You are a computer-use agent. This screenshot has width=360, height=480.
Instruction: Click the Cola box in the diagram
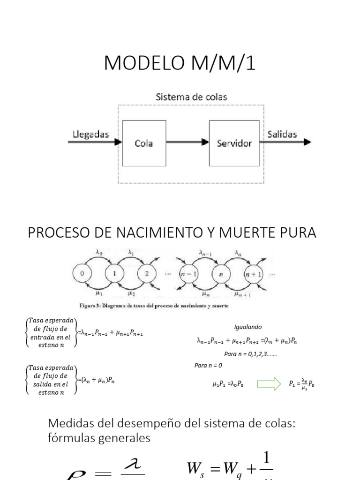tap(143, 143)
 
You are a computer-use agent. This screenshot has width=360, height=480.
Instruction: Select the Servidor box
tap(234, 143)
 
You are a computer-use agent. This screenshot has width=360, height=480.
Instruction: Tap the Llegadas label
tap(91, 135)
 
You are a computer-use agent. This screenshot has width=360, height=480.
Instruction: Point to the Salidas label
tap(282, 135)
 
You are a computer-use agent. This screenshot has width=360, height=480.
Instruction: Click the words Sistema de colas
tap(191, 97)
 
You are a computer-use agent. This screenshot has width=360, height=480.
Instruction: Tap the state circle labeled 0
tap(82, 274)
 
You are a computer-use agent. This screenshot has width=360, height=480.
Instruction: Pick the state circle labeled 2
tap(146, 274)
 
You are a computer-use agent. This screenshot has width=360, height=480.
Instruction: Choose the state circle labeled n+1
tap(255, 274)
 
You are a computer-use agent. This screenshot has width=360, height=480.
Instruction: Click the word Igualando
tap(248, 327)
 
